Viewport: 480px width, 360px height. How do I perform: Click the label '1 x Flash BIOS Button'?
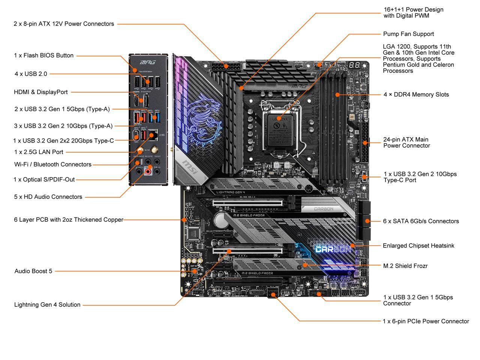coord(43,55)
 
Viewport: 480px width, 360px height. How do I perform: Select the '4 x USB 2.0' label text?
coord(31,74)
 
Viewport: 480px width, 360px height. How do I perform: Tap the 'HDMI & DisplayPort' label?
coord(40,92)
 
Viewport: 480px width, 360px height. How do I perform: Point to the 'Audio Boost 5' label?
coord(33,271)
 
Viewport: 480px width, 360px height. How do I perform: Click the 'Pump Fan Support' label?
coord(408,34)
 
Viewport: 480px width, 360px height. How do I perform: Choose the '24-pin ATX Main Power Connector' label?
coord(406,142)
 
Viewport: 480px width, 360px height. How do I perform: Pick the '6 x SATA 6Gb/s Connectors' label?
coord(421,221)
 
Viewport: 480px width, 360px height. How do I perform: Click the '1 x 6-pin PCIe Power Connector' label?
coord(426,321)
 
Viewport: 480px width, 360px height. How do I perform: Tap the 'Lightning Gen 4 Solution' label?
coord(47,305)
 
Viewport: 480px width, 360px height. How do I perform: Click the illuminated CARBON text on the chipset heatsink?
coord(333,249)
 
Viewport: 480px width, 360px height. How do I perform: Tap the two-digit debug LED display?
coord(354,65)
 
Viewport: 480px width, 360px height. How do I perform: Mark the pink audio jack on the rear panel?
coord(148,172)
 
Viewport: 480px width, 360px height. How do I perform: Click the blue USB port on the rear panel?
coord(153,117)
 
